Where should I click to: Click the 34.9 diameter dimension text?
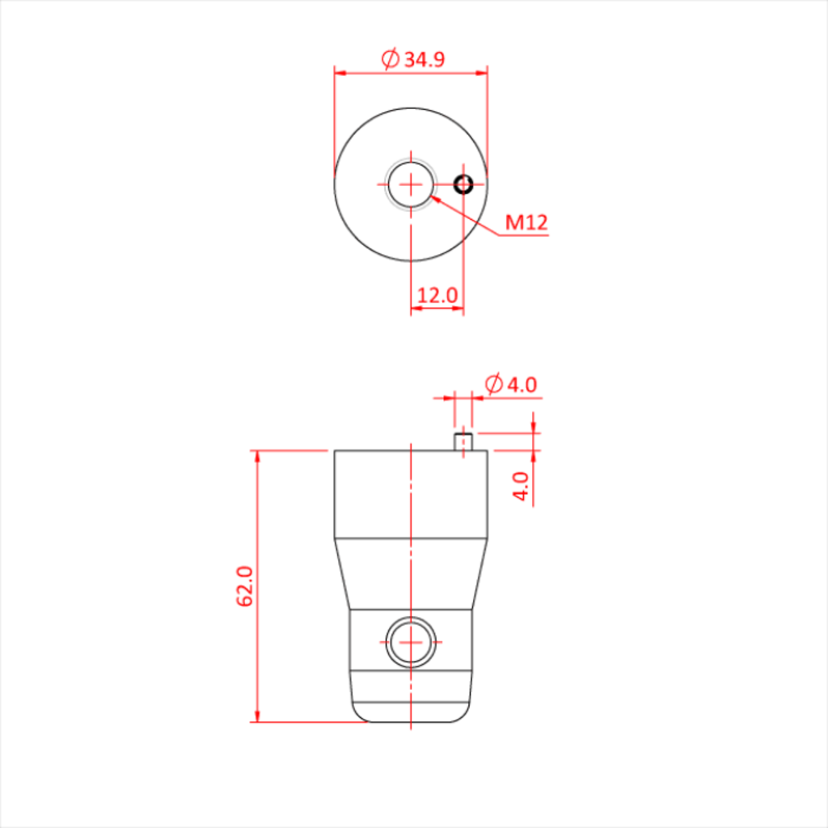click(x=425, y=59)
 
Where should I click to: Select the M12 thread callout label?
click(x=526, y=222)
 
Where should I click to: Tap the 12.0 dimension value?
click(x=437, y=295)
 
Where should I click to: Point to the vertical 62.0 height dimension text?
click(x=246, y=586)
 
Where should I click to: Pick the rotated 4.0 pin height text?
click(x=522, y=486)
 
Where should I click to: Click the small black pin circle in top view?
click(x=463, y=184)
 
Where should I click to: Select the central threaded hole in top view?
click(x=411, y=184)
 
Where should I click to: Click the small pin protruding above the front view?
click(x=463, y=441)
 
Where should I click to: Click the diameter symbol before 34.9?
click(x=390, y=59)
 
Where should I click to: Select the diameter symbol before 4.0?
click(x=494, y=384)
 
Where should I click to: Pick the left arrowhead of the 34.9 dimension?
click(x=340, y=73)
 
